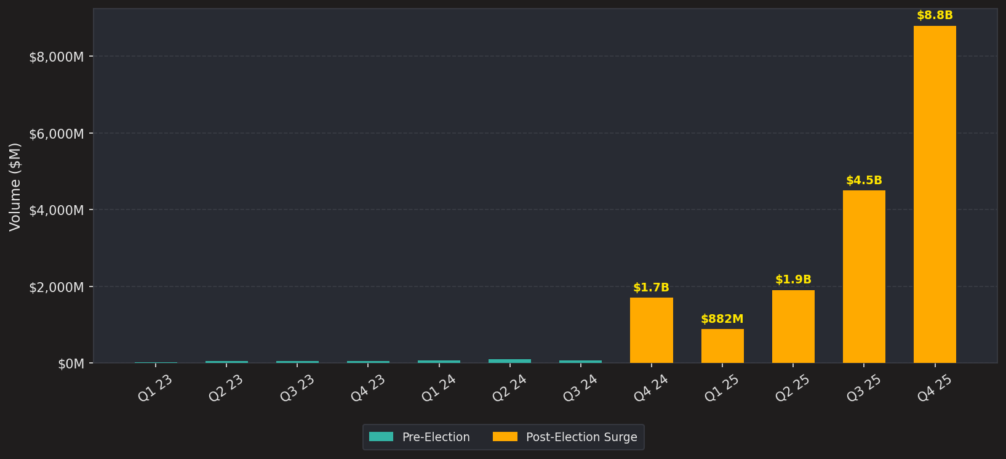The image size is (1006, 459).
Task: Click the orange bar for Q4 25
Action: click(x=935, y=194)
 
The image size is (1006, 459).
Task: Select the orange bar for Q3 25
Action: click(x=864, y=277)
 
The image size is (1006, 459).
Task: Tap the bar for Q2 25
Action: click(x=793, y=327)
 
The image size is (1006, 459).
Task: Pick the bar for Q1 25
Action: click(x=722, y=346)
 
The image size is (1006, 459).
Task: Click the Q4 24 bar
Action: click(x=651, y=330)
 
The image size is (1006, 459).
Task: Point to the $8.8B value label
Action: click(x=935, y=15)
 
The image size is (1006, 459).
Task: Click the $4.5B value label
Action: click(x=864, y=181)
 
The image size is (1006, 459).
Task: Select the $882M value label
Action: click(x=722, y=319)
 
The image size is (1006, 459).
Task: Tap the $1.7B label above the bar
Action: click(x=651, y=287)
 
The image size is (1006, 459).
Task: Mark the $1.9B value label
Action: click(x=793, y=280)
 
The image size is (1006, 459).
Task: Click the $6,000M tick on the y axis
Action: click(x=56, y=134)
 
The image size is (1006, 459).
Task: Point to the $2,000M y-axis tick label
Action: click(x=56, y=287)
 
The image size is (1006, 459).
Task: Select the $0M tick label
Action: click(x=71, y=364)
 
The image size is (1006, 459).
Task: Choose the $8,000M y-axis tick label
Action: click(x=56, y=57)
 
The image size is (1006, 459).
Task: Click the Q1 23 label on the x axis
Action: click(x=155, y=388)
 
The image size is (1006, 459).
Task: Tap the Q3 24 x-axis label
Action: click(x=580, y=388)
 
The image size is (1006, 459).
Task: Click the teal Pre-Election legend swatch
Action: click(x=381, y=437)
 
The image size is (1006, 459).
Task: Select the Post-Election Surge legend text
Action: click(x=581, y=437)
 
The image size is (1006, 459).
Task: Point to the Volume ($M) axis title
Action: click(x=15, y=187)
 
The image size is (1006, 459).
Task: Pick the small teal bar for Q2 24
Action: click(x=509, y=361)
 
